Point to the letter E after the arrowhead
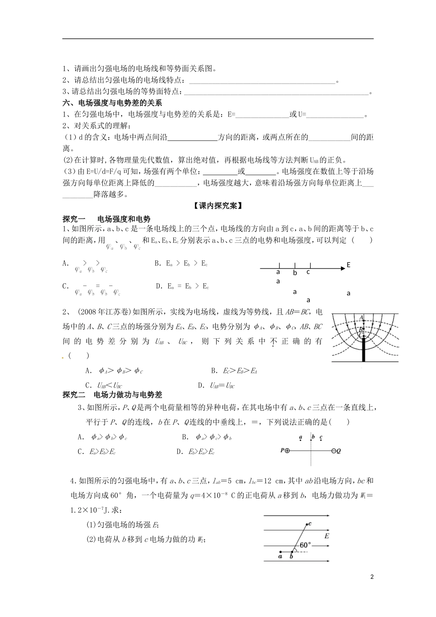click(x=348, y=265)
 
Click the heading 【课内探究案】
click(x=218, y=206)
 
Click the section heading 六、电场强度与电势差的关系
click(x=112, y=103)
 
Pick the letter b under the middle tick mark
click(x=295, y=273)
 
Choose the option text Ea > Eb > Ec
click(x=181, y=264)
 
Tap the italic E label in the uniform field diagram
click(x=326, y=536)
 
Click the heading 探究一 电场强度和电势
click(x=106, y=219)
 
